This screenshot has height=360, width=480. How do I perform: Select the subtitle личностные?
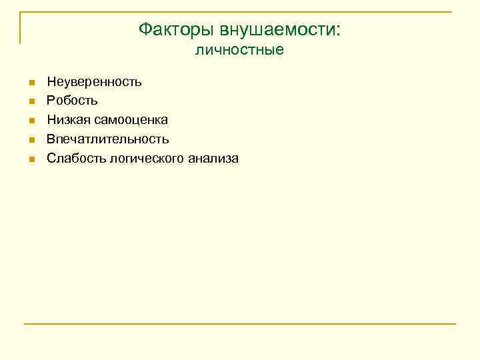[239, 50]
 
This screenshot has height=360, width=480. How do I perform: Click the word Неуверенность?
[94, 82]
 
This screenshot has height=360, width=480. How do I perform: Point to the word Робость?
[72, 101]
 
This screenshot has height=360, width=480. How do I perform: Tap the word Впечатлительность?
[107, 139]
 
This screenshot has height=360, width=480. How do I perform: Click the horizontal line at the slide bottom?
[240, 324]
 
